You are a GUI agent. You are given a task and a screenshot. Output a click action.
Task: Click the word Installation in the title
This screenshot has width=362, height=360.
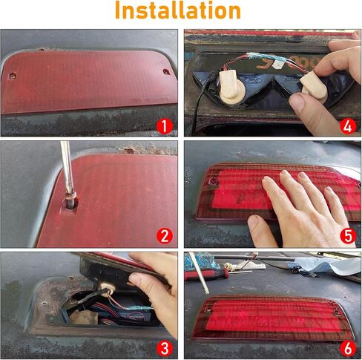click(178, 10)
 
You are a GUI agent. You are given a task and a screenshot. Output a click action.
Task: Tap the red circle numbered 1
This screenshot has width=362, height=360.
click(165, 126)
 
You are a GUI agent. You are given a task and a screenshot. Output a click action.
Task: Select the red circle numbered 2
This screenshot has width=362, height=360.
click(165, 236)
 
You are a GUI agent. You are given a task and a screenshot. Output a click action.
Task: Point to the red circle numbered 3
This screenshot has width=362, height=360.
click(165, 348)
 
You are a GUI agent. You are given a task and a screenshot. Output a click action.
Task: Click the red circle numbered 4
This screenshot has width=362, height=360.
click(348, 126)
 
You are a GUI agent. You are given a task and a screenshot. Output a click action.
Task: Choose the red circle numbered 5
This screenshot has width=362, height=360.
click(348, 236)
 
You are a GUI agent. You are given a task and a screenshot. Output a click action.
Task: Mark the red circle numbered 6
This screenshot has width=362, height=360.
click(348, 348)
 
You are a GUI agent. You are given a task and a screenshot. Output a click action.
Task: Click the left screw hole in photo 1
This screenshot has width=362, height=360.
click(12, 76)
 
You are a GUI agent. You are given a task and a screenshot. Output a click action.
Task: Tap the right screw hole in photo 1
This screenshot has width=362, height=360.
click(166, 72)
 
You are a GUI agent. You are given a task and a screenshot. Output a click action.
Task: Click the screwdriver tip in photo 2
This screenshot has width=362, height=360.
click(70, 203)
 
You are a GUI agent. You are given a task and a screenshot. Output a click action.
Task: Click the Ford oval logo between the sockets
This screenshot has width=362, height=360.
click(253, 80)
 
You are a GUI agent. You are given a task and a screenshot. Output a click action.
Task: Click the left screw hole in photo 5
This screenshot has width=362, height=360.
click(213, 183)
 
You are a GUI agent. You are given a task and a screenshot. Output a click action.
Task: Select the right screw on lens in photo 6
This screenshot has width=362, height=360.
click(338, 312)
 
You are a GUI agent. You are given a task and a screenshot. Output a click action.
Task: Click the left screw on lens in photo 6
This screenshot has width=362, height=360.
click(209, 310)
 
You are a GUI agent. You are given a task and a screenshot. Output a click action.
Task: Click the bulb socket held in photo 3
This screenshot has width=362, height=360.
click(107, 287)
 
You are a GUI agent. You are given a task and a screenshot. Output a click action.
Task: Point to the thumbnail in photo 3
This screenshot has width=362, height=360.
click(136, 278)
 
